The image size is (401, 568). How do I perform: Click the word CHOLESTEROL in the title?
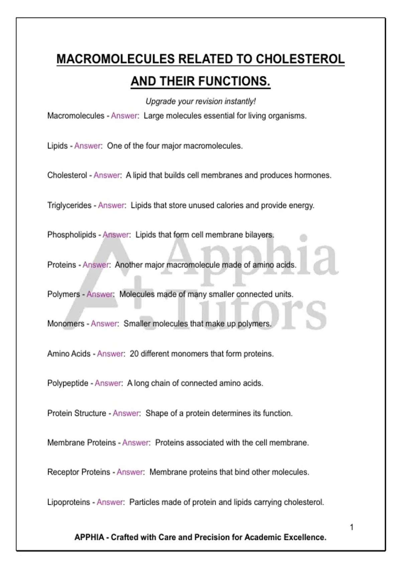point(300,59)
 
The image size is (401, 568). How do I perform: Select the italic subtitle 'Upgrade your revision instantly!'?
point(200,101)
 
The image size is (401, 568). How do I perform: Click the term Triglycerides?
point(69,205)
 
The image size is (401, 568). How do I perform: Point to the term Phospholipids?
point(72,235)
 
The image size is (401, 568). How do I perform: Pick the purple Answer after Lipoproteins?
point(110,502)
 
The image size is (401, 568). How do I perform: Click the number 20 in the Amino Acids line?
point(134,354)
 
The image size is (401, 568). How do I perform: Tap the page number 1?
point(352,527)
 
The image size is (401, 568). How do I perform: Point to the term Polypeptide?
point(68,383)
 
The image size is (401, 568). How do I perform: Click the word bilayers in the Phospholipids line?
point(260,235)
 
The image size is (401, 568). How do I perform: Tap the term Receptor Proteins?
point(79,472)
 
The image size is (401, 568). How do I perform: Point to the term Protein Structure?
point(77,413)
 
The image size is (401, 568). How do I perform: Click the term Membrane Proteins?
point(82,443)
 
